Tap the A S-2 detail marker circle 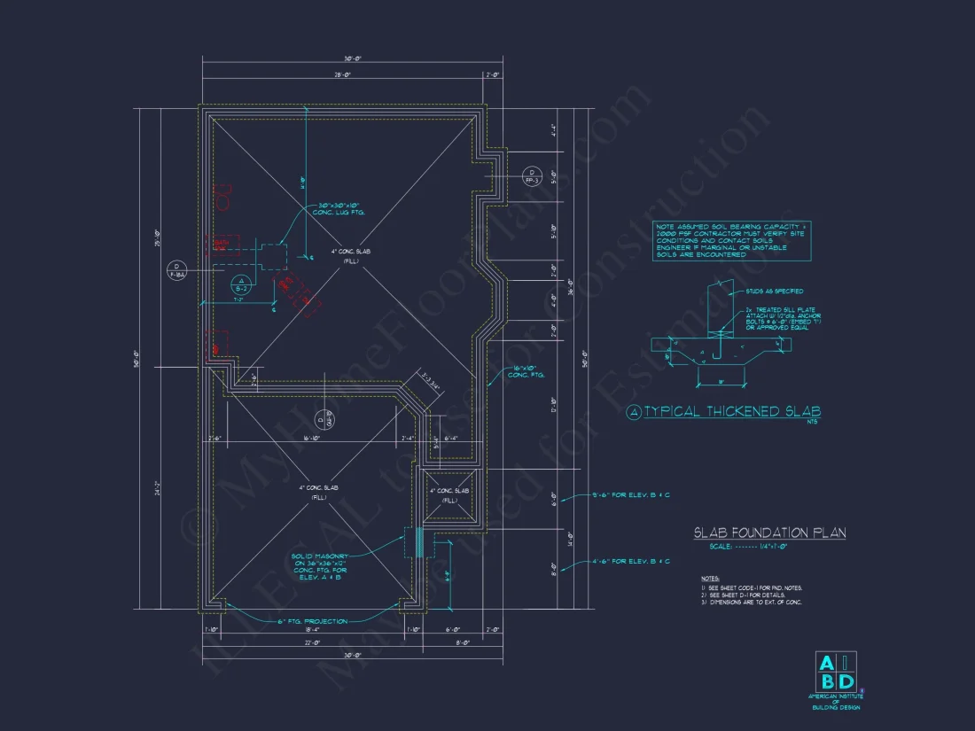240,284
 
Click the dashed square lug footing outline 273,255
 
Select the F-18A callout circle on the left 176,269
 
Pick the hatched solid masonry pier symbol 418,543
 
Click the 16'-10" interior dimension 310,438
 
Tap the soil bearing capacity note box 732,241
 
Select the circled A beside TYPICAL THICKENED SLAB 633,412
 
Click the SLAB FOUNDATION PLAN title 769,533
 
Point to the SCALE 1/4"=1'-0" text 749,547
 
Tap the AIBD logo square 836,672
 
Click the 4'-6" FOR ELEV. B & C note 631,561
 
